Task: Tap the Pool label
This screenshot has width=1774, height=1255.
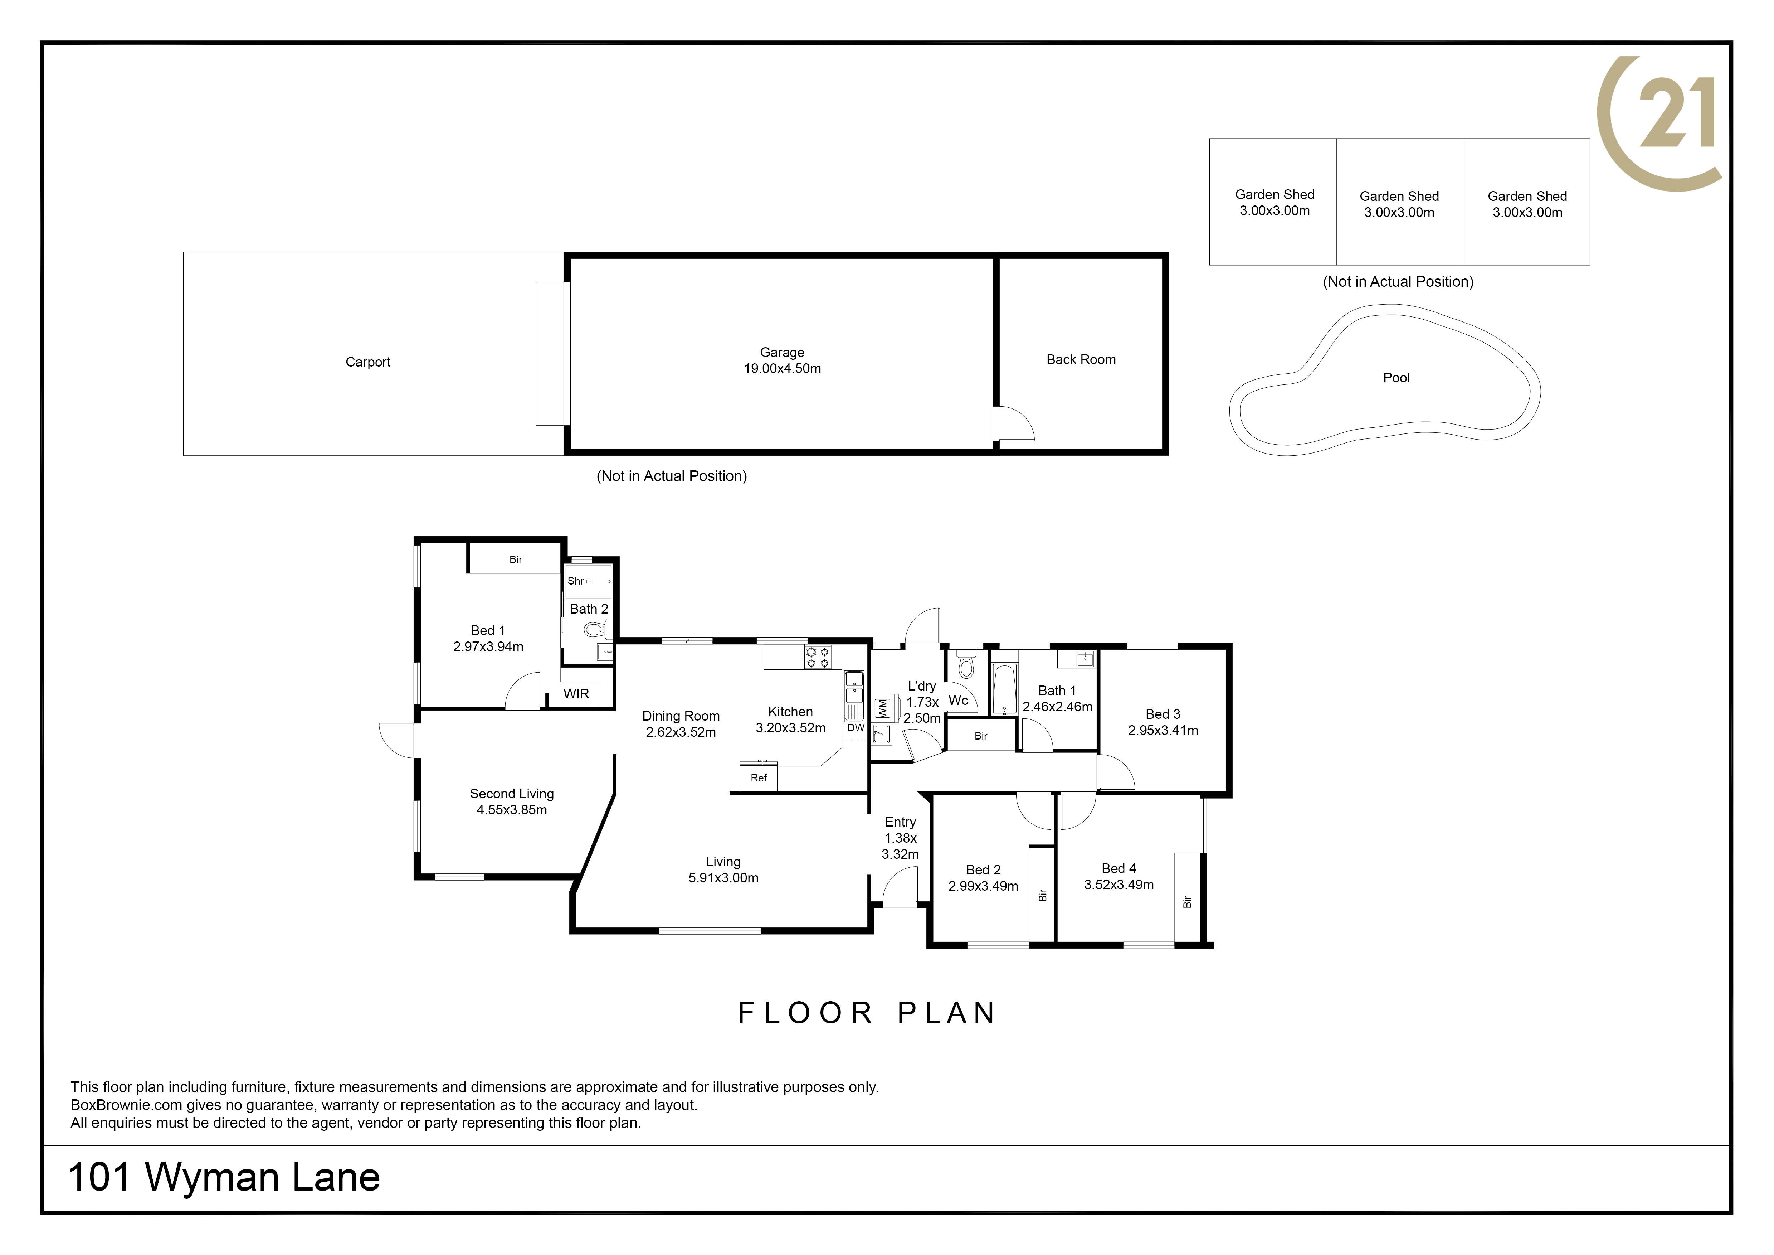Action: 1396,378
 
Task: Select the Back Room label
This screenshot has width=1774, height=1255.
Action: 1081,359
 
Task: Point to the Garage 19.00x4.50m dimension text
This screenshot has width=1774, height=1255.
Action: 782,369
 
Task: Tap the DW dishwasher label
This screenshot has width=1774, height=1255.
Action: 855,728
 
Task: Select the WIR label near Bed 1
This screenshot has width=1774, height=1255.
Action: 576,694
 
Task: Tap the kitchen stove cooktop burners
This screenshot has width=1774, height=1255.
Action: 818,658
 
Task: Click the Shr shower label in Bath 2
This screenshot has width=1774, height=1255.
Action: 576,581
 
